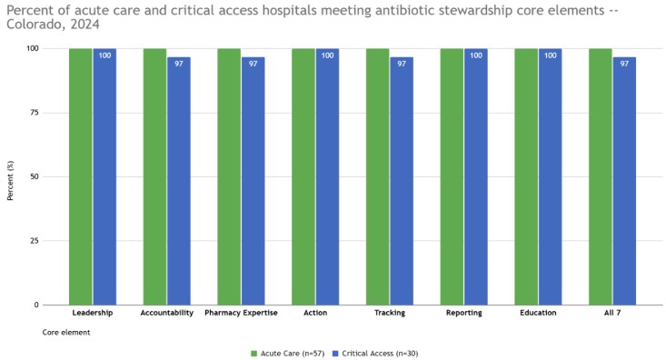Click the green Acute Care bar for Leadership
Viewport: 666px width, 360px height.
coord(80,176)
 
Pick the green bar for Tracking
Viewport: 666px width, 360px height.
coord(377,176)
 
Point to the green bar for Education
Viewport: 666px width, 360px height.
coord(526,176)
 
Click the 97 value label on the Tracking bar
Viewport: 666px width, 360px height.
coord(402,64)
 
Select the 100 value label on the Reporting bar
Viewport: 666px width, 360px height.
coord(476,55)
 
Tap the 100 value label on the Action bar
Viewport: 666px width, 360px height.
coord(327,55)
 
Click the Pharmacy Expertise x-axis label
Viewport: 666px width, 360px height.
coord(241,313)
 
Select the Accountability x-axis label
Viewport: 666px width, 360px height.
coord(167,313)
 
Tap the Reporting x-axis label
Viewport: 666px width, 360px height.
coord(464,313)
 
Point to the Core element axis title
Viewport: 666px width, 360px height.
coord(66,333)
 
